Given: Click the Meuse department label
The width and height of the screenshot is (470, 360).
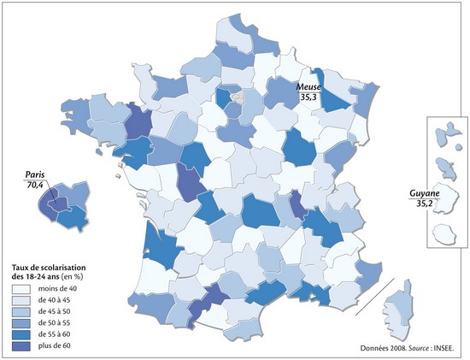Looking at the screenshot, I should [309, 87].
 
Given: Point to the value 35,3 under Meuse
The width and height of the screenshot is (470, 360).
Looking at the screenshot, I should [309, 97].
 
